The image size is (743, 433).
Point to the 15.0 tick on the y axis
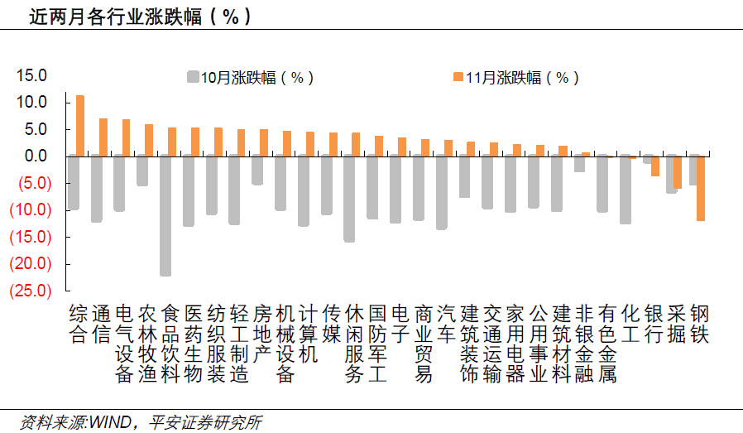click(x=32, y=75)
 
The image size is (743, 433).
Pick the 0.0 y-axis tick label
click(x=36, y=156)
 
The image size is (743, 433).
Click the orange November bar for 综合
click(x=80, y=125)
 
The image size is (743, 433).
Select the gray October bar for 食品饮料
click(x=165, y=215)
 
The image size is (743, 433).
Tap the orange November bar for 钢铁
click(x=701, y=188)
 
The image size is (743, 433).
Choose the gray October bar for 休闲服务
click(x=349, y=199)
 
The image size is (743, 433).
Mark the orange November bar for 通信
click(x=103, y=137)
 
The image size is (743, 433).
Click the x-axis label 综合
click(x=79, y=325)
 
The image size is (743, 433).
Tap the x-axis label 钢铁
click(x=700, y=325)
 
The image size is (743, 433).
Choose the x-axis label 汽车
click(x=447, y=325)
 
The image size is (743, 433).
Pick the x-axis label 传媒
click(x=332, y=325)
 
